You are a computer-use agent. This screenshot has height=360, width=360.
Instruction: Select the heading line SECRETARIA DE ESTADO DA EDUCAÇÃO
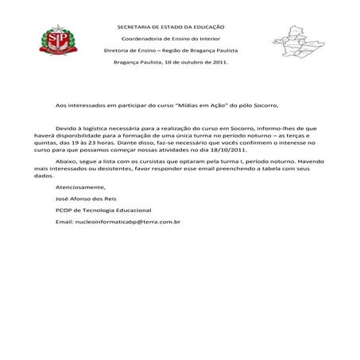pos(171,27)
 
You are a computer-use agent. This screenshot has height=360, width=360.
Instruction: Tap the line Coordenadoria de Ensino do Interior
pos(171,38)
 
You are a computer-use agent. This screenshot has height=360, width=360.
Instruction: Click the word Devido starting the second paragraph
pos(65,127)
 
